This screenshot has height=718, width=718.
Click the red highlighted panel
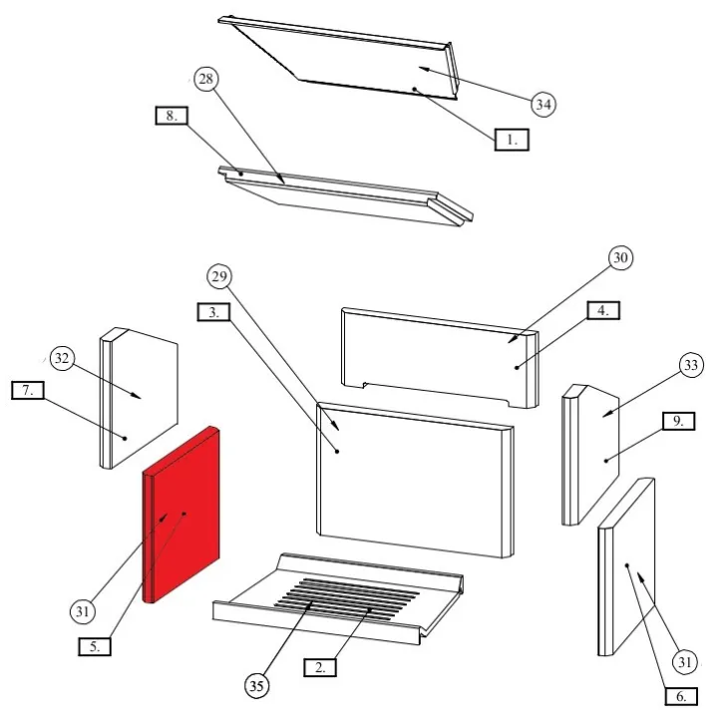pyautogui.click(x=181, y=516)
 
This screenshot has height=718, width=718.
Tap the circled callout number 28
pyautogui.click(x=206, y=79)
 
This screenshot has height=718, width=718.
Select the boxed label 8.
pyautogui.click(x=172, y=116)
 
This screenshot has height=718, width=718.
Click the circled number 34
pyautogui.click(x=543, y=105)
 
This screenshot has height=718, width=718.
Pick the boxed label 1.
pyautogui.click(x=512, y=140)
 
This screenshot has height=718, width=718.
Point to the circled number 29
pyautogui.click(x=219, y=276)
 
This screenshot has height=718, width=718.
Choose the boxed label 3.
pyautogui.click(x=213, y=312)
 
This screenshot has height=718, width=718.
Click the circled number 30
pyautogui.click(x=620, y=258)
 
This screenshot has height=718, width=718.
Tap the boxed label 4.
pyautogui.click(x=603, y=310)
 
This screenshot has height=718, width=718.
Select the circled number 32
pyautogui.click(x=62, y=358)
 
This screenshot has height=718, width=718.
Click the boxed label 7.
pyautogui.click(x=28, y=390)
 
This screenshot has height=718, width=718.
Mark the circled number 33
pyautogui.click(x=691, y=365)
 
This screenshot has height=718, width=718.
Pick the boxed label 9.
pyautogui.click(x=679, y=421)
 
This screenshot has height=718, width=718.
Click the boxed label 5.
pyautogui.click(x=95, y=646)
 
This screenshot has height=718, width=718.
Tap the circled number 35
pyautogui.click(x=256, y=686)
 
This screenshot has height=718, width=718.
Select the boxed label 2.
pyautogui.click(x=320, y=667)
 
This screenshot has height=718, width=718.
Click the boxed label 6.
pyautogui.click(x=681, y=696)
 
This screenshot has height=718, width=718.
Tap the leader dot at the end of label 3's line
pyautogui.click(x=337, y=452)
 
